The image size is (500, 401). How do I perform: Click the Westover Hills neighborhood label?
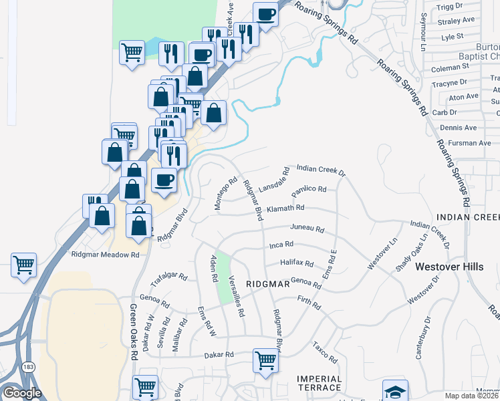point(449,267)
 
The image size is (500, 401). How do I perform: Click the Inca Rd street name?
point(281,245)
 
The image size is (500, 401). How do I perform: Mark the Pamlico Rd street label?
point(308,189)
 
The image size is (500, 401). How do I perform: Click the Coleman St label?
point(451,68)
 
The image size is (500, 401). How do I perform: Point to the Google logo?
point(22,393)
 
